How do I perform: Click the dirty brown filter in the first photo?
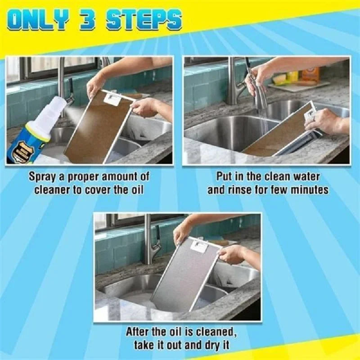click(99, 128)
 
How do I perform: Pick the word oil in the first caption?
click(136, 189)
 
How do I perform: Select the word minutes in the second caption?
click(310, 189)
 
